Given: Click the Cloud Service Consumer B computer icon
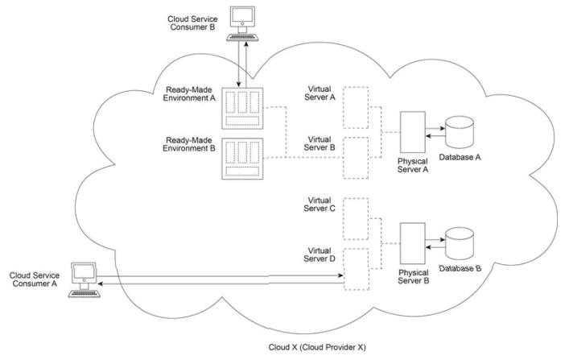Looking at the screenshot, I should point(241,23).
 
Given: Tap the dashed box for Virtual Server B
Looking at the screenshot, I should point(355,157).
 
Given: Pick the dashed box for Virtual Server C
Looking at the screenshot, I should point(355,217).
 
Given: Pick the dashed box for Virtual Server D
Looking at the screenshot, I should point(355,269).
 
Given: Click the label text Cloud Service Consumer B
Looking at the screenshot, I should point(192,23).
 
